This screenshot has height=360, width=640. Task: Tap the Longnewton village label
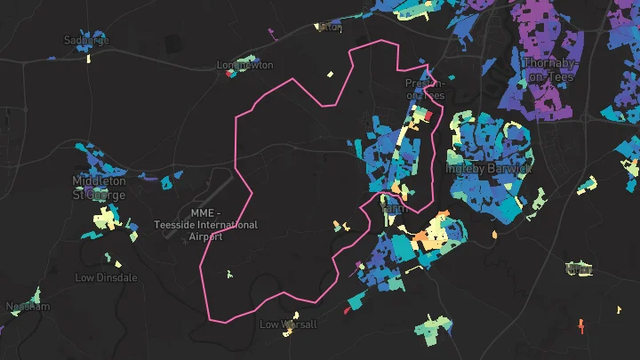tap(245, 65)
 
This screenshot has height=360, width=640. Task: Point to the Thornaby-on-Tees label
tap(549, 69)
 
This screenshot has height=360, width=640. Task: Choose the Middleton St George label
tap(99, 188)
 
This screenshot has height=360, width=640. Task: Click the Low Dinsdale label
tap(106, 277)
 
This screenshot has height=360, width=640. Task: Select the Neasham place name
tap(28, 307)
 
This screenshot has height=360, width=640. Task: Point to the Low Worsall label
tap(288, 324)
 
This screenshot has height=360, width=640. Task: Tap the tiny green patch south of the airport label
tap(229, 274)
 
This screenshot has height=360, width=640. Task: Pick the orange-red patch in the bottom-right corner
tap(581, 325)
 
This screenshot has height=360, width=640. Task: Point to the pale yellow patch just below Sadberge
tap(89, 59)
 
